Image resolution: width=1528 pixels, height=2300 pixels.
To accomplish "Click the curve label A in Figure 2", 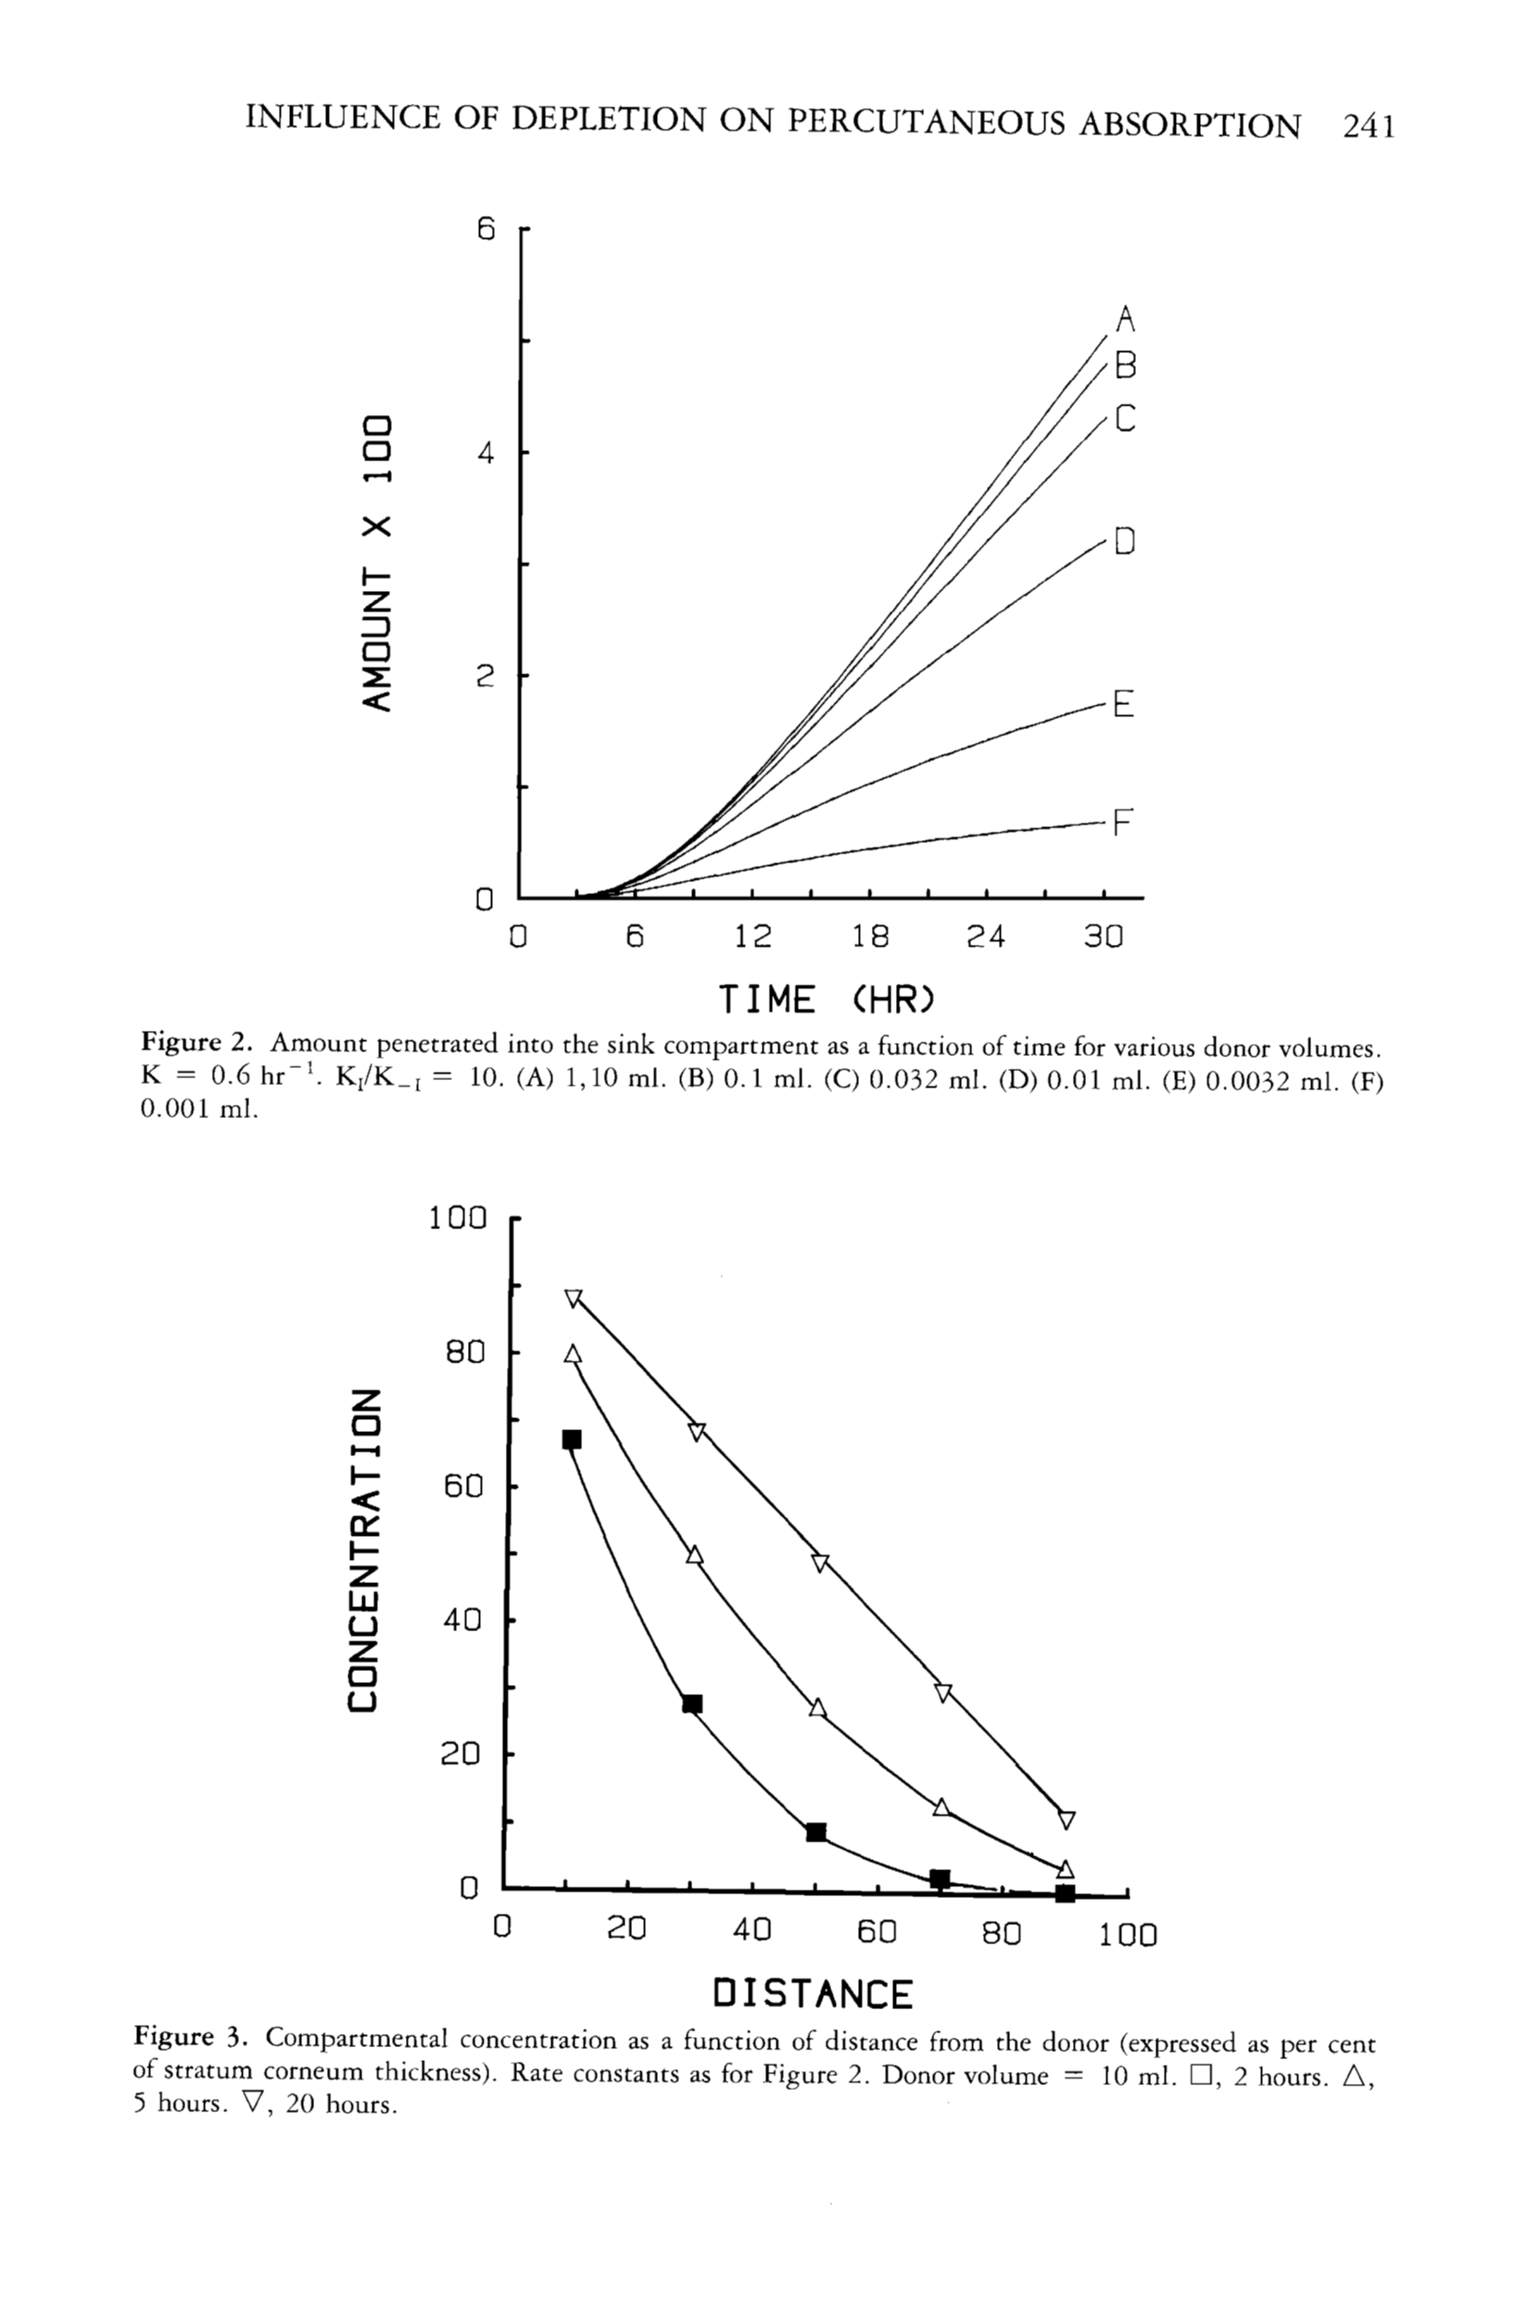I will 1126,319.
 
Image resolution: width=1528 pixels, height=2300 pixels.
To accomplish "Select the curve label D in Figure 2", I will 1126,541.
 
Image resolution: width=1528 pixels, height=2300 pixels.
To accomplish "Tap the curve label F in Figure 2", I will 1124,824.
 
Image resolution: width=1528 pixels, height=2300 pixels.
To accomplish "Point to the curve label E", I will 1124,703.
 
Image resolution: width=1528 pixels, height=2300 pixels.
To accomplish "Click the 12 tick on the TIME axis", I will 752,937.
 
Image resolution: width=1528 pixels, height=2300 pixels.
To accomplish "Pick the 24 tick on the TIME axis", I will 985,937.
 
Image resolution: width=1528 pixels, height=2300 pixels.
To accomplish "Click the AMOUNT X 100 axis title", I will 377,563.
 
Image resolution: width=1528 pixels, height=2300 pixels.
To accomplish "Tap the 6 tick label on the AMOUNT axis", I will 486,230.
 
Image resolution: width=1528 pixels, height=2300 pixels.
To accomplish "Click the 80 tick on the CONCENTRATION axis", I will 465,1352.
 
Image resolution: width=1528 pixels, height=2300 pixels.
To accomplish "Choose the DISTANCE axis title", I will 813,1993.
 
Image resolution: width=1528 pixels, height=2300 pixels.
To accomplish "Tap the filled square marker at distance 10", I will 572,1439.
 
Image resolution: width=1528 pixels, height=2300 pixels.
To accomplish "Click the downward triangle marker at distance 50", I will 820,1563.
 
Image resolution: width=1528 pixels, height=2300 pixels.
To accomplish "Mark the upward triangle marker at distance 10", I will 573,1354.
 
